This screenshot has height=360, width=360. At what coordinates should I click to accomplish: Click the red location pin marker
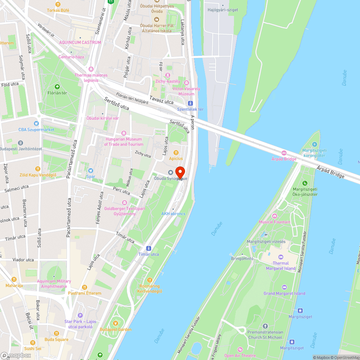[180, 172]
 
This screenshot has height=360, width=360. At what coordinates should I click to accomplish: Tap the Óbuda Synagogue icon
[171, 172]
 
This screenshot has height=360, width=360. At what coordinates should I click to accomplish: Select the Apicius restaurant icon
[176, 153]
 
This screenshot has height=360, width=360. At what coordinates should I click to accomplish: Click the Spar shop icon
[91, 171]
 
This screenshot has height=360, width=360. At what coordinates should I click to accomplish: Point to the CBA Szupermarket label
[37, 130]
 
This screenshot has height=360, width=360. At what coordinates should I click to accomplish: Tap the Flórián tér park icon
[57, 86]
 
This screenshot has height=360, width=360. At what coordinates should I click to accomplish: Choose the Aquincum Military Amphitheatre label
[54, 284]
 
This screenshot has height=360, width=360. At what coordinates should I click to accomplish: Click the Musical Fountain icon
[275, 216]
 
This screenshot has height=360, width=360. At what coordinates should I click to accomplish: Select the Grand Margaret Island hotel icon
[284, 287]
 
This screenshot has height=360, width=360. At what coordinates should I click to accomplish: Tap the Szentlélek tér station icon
[190, 103]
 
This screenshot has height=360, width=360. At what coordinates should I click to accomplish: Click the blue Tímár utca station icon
[149, 248]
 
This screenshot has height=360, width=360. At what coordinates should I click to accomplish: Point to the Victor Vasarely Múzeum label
[186, 91]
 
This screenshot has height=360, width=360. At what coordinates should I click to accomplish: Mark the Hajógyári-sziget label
[223, 10]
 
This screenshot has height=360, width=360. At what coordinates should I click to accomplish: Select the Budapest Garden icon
[116, 323]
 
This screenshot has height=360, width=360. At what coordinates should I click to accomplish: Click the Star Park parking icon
[80, 315]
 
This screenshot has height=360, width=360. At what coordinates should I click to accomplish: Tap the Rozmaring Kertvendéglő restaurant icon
[149, 280]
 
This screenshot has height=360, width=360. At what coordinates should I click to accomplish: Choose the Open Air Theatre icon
[240, 350]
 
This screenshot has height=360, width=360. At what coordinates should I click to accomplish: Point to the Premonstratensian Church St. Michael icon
[265, 326]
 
